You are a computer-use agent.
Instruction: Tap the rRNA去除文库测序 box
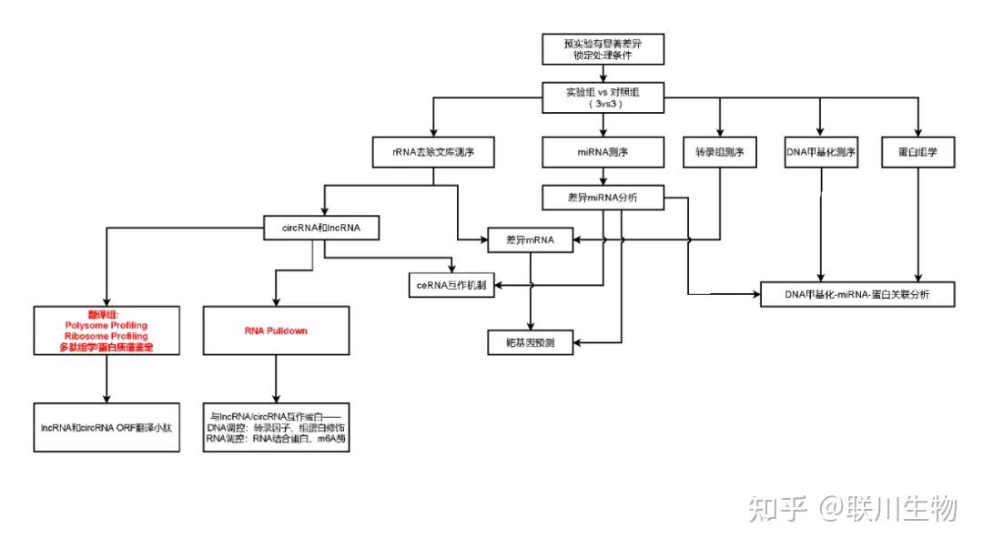[x=434, y=153]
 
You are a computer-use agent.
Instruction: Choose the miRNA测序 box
[x=602, y=153]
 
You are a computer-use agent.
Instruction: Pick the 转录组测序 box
[x=719, y=153]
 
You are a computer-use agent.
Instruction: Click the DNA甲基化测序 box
[x=821, y=153]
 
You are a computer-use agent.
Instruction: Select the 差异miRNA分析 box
[x=602, y=198]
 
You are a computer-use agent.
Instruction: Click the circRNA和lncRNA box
[x=324, y=228]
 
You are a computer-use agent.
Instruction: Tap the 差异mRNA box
[x=532, y=240]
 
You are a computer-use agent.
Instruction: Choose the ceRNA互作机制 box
[x=451, y=286]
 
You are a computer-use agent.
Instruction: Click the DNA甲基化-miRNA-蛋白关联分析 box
[x=856, y=295]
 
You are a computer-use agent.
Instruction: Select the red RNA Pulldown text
[x=276, y=331]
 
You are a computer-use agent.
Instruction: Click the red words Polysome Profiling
[x=106, y=325]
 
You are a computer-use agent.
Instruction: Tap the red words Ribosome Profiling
[x=106, y=336]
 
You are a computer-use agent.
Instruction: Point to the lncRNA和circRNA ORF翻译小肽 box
[x=106, y=424]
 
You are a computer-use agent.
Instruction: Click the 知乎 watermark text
[x=778, y=509]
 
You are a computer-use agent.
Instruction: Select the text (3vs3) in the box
[x=603, y=105]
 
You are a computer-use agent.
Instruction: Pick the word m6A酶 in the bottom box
[x=334, y=438]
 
